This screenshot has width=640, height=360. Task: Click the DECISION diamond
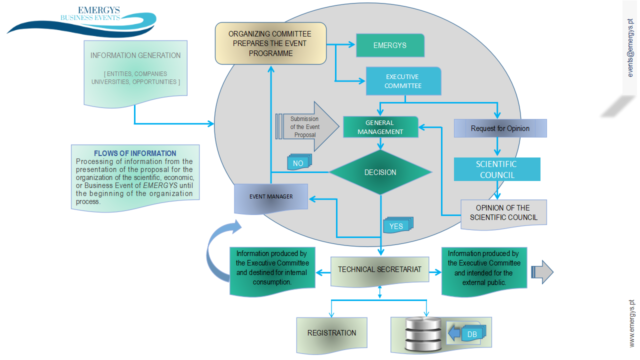point(380,172)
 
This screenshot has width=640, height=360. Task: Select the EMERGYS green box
point(390,45)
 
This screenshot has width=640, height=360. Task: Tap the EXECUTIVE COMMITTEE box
point(403,81)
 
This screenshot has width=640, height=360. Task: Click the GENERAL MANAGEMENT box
point(380,127)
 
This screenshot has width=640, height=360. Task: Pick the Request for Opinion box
point(500,128)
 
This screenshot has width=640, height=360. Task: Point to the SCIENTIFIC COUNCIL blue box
point(497,169)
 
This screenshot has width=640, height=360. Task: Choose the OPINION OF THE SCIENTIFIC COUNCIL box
point(503,212)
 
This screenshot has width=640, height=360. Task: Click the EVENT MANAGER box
point(271,196)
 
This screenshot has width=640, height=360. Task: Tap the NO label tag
point(298,163)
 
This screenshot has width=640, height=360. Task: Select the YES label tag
point(396,226)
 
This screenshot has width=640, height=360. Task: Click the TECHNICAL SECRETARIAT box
point(379,269)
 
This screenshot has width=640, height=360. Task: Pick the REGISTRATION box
point(331,333)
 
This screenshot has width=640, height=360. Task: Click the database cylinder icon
point(423,334)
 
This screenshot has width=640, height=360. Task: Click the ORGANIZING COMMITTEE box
point(270,43)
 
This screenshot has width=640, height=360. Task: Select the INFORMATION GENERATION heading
point(135,55)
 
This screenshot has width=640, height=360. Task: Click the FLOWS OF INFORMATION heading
point(135,153)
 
